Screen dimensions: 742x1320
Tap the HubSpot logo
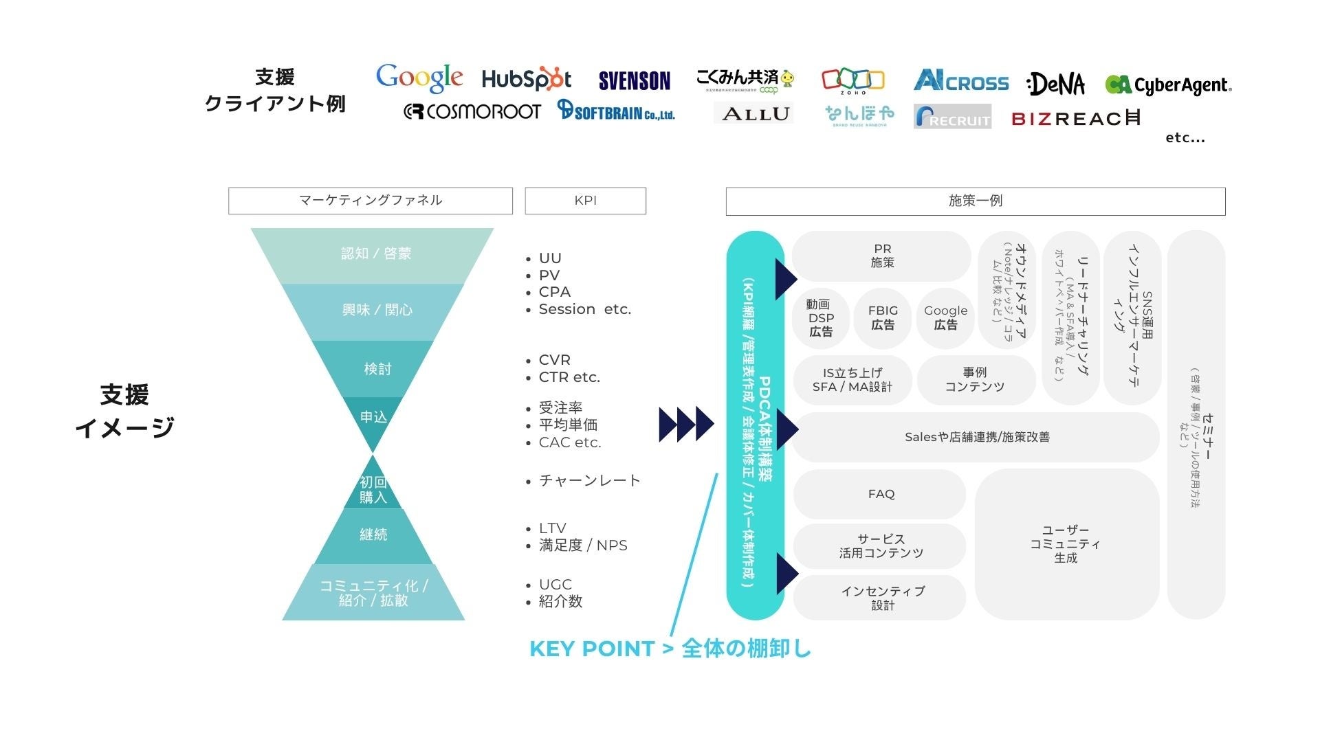(x=526, y=80)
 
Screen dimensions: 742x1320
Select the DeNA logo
(x=1056, y=85)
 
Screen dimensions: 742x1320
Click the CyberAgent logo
(x=1168, y=85)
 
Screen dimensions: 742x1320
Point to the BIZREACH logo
(x=1076, y=119)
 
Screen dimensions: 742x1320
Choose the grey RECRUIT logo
(x=952, y=117)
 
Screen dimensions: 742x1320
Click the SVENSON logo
(x=634, y=81)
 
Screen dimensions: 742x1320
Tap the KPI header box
(x=585, y=201)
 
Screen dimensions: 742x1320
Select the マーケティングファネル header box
(x=370, y=201)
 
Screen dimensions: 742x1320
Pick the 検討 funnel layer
(x=377, y=369)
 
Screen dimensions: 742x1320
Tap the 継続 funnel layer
(x=373, y=535)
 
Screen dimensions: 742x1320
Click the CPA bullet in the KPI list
(x=554, y=292)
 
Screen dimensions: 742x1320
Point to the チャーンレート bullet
(x=588, y=481)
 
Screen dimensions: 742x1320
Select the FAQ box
(x=880, y=494)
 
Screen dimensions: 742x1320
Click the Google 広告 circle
(x=945, y=318)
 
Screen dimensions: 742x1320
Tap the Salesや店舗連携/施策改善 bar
(x=976, y=437)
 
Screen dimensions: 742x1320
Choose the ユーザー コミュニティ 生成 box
(x=1066, y=544)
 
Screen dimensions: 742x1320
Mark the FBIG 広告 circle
(x=883, y=318)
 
